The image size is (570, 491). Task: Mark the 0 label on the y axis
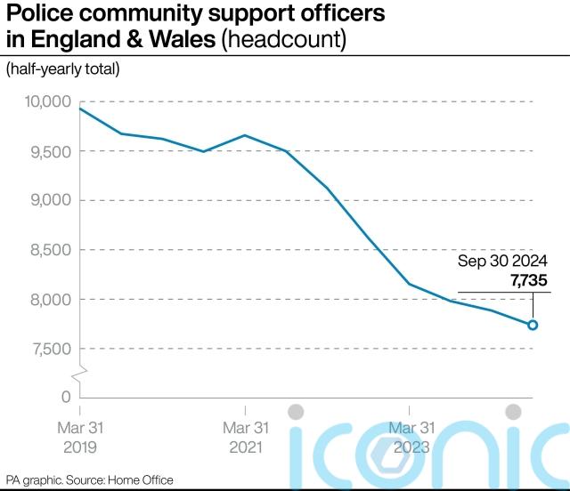click(65, 397)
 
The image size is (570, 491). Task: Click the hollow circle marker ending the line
click(533, 325)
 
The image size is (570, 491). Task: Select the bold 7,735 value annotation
click(529, 281)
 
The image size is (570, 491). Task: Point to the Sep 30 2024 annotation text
click(503, 262)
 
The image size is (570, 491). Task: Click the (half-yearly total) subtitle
click(63, 68)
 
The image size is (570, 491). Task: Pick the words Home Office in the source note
click(142, 480)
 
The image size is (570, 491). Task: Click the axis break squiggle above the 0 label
click(80, 371)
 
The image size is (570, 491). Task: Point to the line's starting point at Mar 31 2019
click(80, 109)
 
